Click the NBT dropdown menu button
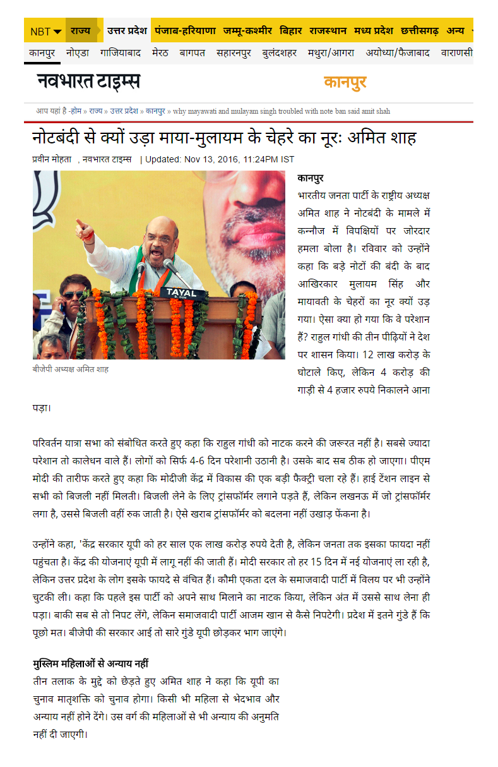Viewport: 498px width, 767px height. pyautogui.click(x=46, y=31)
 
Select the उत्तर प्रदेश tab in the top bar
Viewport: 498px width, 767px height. pyautogui.click(x=126, y=30)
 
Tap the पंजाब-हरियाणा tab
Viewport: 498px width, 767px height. pyautogui.click(x=186, y=30)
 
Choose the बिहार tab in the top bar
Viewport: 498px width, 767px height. pyautogui.click(x=291, y=30)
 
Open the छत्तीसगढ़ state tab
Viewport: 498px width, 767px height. pyautogui.click(x=419, y=30)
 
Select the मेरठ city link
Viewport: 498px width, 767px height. pyautogui.click(x=160, y=53)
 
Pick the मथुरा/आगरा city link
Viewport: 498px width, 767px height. pyautogui.click(x=331, y=53)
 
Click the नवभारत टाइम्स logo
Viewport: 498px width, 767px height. pyautogui.click(x=88, y=82)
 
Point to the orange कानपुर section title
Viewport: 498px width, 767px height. pyautogui.click(x=345, y=82)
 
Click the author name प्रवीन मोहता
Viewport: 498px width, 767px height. pyautogui.click(x=51, y=160)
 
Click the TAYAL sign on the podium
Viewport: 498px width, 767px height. pyautogui.click(x=182, y=293)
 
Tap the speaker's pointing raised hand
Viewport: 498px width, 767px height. pyautogui.click(x=83, y=229)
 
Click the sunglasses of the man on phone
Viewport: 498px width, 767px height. pyautogui.click(x=73, y=294)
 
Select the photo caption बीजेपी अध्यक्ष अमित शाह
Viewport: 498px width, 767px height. pyautogui.click(x=71, y=369)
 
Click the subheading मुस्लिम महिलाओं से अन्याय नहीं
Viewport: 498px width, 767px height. pyautogui.click(x=90, y=664)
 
